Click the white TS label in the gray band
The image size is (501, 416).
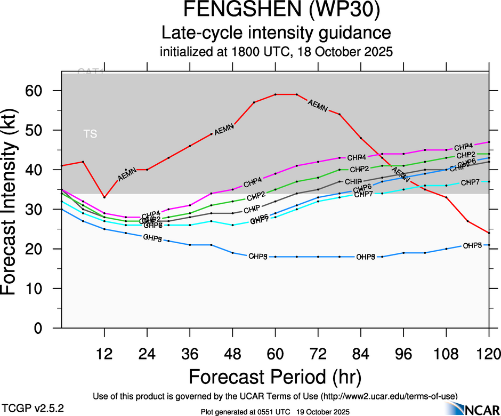91,134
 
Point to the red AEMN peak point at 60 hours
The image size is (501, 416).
276,94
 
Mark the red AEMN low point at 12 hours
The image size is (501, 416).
104,197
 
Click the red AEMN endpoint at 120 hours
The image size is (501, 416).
489,233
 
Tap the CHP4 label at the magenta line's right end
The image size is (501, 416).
464,147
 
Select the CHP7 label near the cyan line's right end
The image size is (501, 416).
470,183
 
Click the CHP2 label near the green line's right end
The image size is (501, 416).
466,155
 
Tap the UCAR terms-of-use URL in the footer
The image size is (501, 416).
389,396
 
